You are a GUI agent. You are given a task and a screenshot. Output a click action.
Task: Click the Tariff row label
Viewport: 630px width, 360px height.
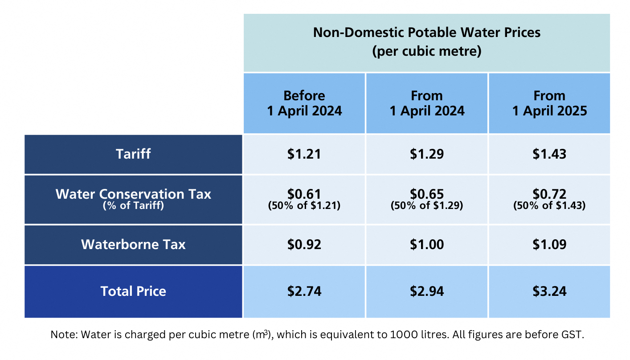(133, 154)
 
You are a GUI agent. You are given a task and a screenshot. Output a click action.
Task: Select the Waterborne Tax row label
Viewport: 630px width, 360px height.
(133, 245)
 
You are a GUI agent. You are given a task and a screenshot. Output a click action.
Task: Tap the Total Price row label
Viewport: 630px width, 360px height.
(133, 291)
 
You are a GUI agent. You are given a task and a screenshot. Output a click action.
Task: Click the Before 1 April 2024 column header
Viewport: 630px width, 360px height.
(304, 103)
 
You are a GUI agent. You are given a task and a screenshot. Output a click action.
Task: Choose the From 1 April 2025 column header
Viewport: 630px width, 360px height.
(549, 103)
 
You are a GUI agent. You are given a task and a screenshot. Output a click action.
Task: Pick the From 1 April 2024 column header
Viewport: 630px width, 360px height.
(427, 103)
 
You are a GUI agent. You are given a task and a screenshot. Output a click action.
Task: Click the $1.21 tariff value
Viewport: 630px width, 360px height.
(304, 154)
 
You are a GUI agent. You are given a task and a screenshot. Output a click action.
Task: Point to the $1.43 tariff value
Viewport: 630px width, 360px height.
(549, 154)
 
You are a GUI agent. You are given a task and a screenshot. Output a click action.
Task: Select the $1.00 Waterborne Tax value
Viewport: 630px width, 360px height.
(427, 245)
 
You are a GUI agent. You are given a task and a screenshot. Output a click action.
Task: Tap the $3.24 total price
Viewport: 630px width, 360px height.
(549, 291)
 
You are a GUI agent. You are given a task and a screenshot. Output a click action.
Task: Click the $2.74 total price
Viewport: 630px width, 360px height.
(304, 291)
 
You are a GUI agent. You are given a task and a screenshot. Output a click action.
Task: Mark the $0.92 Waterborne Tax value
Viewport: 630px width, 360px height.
(304, 245)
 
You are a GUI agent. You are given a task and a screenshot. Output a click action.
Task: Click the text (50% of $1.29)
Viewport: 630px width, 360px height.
(427, 206)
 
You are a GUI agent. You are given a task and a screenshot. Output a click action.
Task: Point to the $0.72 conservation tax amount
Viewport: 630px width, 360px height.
(549, 194)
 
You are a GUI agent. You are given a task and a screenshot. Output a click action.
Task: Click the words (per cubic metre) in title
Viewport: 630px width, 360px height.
(427, 52)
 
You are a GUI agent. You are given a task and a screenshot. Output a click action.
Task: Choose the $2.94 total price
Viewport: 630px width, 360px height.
(427, 291)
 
